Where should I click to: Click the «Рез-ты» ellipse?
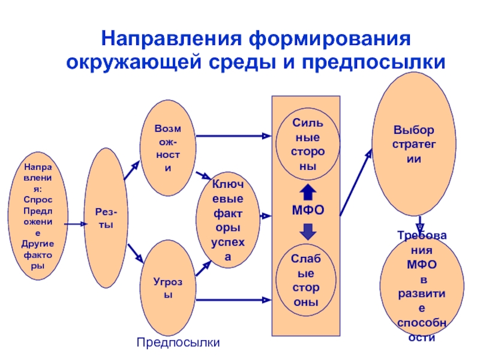[106, 218]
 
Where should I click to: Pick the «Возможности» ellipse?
[167, 150]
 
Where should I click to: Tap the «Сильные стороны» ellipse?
[308, 144]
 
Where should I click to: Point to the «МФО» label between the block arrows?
[308, 211]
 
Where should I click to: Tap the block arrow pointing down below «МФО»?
[308, 231]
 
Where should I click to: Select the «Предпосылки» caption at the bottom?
[178, 343]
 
